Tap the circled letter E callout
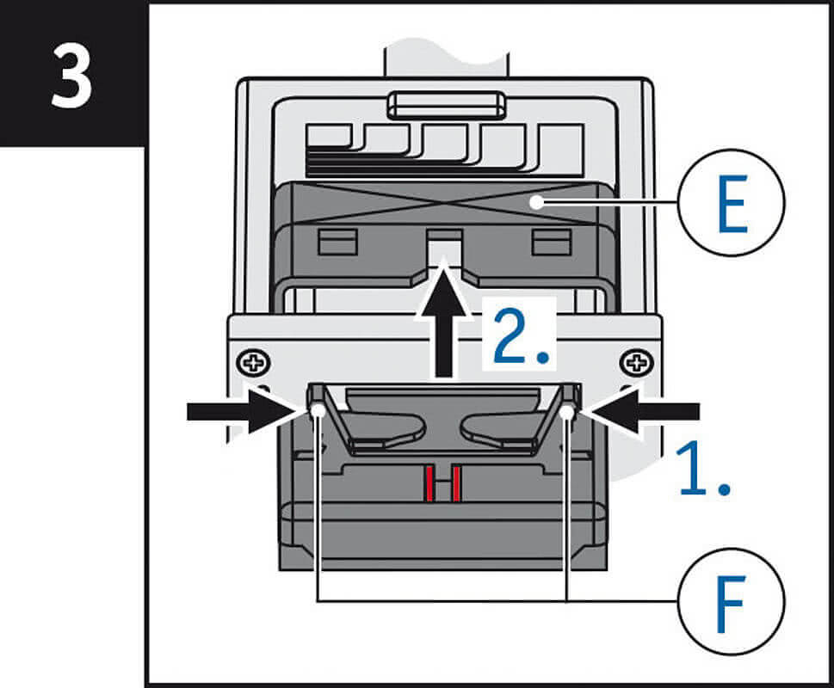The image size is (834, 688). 732,202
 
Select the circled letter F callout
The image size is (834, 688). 731,599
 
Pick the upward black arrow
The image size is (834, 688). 443,323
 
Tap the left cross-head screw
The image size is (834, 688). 254,362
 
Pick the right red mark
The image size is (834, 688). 459,484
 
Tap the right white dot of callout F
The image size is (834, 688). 566,415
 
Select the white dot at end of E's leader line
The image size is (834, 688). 535,203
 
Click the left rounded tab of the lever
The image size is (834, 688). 392,431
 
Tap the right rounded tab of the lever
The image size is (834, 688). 496,431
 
